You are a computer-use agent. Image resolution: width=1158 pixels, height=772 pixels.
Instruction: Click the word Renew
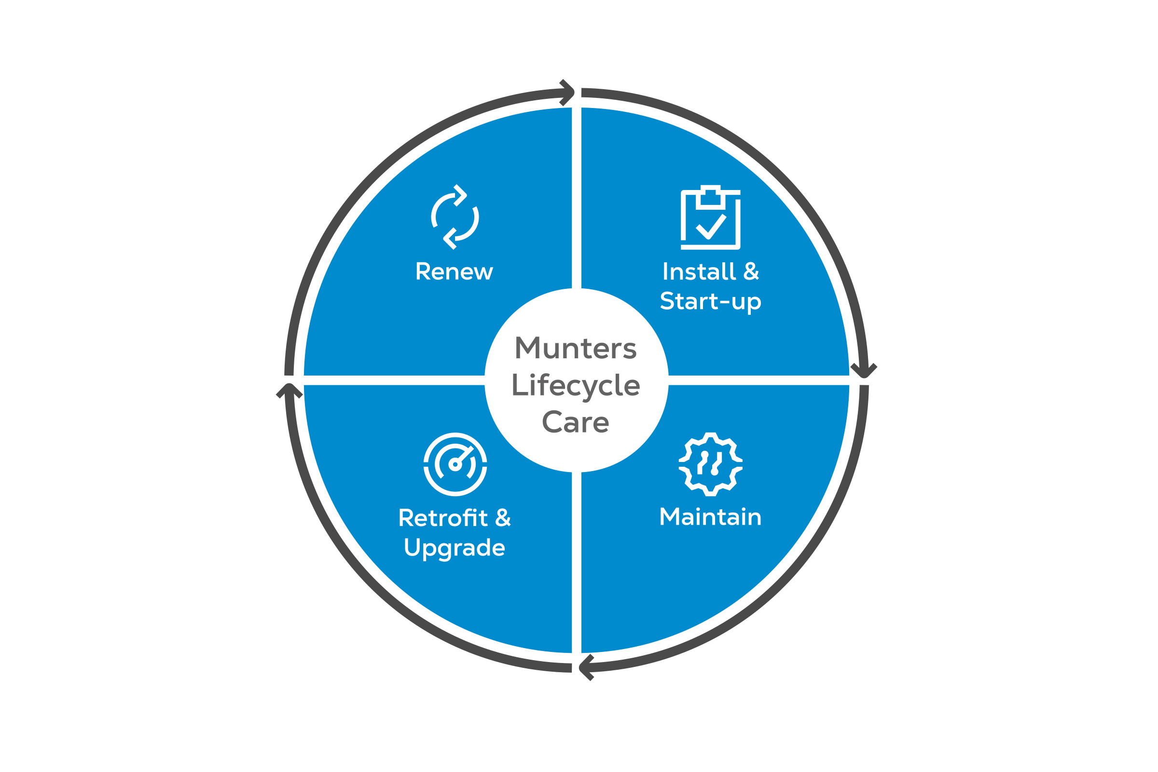454,272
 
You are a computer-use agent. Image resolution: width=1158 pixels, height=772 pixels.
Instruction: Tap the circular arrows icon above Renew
455,217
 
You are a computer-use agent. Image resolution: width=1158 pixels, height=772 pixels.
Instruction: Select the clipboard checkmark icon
710,217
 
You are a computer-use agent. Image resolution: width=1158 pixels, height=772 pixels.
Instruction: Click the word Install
699,272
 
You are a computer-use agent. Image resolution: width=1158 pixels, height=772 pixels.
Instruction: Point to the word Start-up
710,302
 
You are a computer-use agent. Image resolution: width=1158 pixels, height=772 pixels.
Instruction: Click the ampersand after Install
751,271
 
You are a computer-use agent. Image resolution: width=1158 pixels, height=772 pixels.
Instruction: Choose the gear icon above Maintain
710,464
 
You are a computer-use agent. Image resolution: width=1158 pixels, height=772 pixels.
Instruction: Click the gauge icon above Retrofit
455,464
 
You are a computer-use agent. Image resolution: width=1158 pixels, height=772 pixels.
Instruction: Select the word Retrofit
443,518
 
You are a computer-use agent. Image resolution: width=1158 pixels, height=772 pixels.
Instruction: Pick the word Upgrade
454,548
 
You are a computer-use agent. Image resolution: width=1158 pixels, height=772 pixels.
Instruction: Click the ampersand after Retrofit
503,518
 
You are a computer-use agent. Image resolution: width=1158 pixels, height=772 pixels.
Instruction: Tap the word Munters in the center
576,349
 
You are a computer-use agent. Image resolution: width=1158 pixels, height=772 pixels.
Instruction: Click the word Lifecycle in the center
576,385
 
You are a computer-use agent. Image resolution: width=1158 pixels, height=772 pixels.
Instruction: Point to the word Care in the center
576,422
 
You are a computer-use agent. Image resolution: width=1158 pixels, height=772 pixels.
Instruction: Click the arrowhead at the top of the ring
568,93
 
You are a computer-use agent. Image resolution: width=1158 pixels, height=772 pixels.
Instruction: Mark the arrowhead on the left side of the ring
289,390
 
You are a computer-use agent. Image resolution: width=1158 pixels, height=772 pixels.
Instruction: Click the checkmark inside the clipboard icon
711,227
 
